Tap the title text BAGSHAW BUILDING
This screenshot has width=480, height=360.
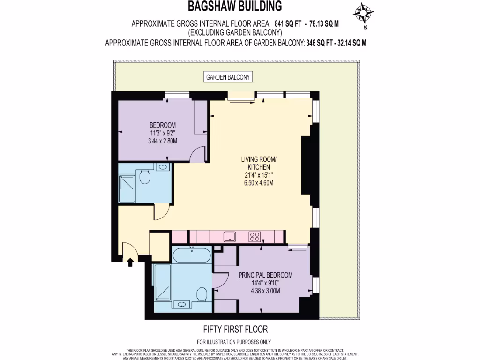pyautogui.click(x=235, y=6)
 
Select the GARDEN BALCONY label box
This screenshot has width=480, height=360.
pyautogui.click(x=229, y=77)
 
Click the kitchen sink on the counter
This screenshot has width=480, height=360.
pyautogui.click(x=230, y=236)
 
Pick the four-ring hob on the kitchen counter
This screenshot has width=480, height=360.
pyautogui.click(x=255, y=236)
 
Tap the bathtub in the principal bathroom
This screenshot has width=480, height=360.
pyautogui.click(x=192, y=256)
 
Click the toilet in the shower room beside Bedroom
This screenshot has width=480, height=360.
pyautogui.click(x=145, y=177)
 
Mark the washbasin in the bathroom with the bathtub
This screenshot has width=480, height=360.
pyautogui.click(x=182, y=305)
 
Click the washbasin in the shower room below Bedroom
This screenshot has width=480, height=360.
pyautogui.click(x=162, y=167)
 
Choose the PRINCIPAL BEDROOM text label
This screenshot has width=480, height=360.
pyautogui.click(x=265, y=275)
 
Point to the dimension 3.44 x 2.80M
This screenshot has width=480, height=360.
pyautogui.click(x=163, y=141)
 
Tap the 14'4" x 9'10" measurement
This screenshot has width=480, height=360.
pyautogui.click(x=265, y=283)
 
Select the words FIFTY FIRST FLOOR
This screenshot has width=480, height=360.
pyautogui.click(x=235, y=330)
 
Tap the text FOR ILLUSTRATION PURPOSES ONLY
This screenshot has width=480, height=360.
pyautogui.click(x=234, y=342)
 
